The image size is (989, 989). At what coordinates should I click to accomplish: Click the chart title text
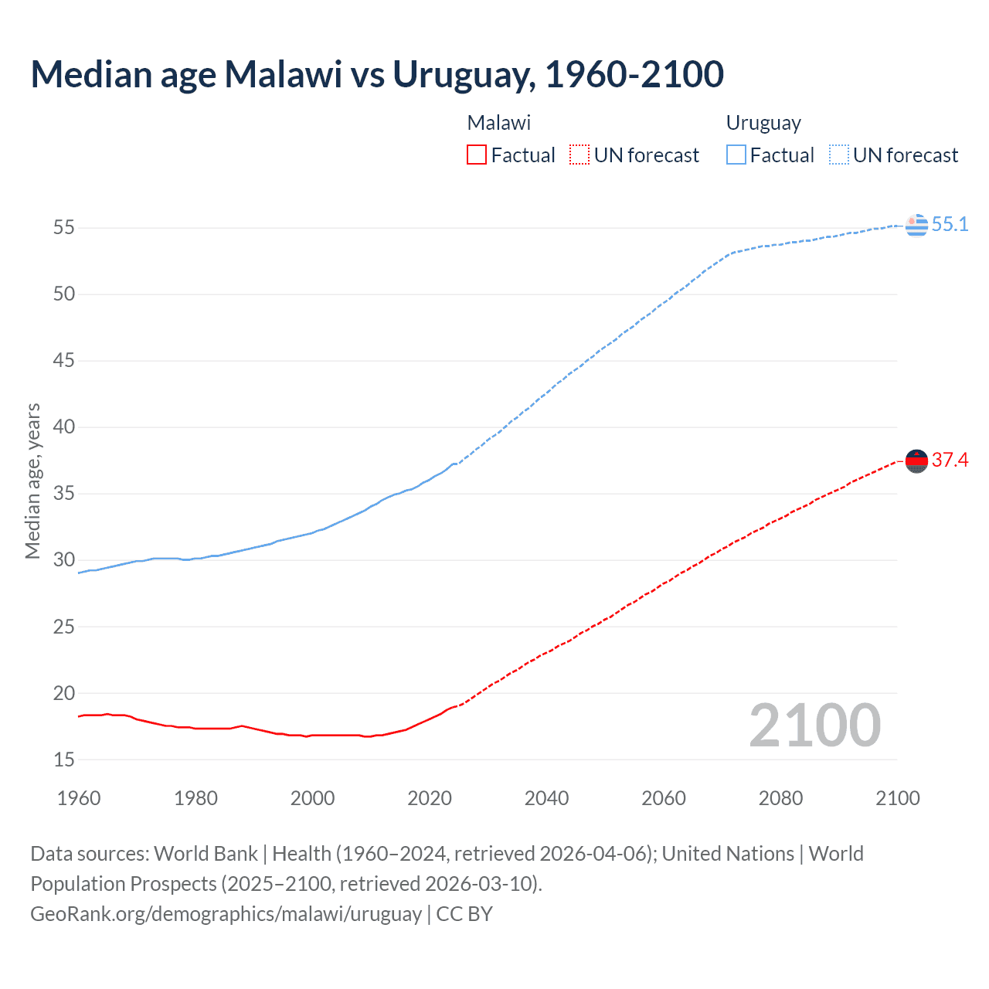pyautogui.click(x=377, y=74)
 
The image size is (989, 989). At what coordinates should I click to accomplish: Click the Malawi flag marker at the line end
pyautogui.click(x=916, y=461)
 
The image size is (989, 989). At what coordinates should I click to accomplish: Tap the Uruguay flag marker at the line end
pyautogui.click(x=916, y=225)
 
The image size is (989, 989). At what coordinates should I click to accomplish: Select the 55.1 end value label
pyautogui.click(x=950, y=225)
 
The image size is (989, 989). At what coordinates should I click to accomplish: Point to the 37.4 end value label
pyautogui.click(x=950, y=461)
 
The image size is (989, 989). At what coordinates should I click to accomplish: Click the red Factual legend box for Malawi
pyautogui.click(x=477, y=155)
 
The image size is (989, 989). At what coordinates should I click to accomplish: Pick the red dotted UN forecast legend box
pyautogui.click(x=579, y=155)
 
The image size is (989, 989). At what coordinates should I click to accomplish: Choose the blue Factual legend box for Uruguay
pyautogui.click(x=736, y=155)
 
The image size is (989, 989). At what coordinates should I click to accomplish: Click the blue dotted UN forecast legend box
pyautogui.click(x=838, y=155)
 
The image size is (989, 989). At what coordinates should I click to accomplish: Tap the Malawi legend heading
pyautogui.click(x=499, y=123)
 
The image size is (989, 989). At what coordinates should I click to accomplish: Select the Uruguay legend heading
pyautogui.click(x=763, y=123)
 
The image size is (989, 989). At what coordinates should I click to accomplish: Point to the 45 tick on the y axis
pyautogui.click(x=64, y=361)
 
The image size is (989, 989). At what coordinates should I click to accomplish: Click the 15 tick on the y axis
pyautogui.click(x=64, y=760)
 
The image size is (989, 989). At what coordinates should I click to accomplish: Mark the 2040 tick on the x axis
pyautogui.click(x=546, y=798)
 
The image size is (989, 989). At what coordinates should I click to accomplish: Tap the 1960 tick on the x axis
pyautogui.click(x=79, y=798)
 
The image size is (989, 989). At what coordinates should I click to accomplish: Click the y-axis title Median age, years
pyautogui.click(x=32, y=481)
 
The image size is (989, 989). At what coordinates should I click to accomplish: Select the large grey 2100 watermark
pyautogui.click(x=814, y=726)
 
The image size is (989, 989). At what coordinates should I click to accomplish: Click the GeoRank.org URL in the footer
pyautogui.click(x=226, y=914)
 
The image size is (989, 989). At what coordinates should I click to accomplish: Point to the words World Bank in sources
pyautogui.click(x=206, y=854)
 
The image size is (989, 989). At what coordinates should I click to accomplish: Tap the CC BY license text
pyautogui.click(x=464, y=914)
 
